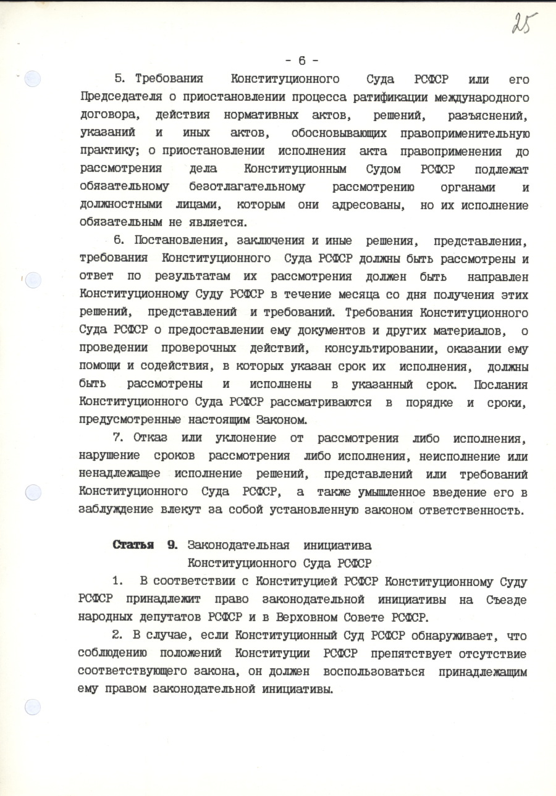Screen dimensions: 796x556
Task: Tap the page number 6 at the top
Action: [302, 61]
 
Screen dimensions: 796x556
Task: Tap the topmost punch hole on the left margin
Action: [33, 78]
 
